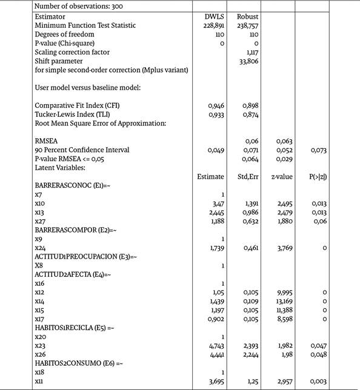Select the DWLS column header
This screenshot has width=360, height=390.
tap(215, 17)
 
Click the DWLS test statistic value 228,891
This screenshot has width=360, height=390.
tap(214, 25)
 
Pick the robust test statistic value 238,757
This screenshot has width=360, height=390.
tap(248, 25)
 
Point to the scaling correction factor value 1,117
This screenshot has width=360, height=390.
tap(251, 52)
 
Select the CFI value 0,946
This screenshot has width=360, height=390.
tap(216, 105)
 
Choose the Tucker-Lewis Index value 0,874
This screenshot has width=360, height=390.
tap(251, 114)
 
